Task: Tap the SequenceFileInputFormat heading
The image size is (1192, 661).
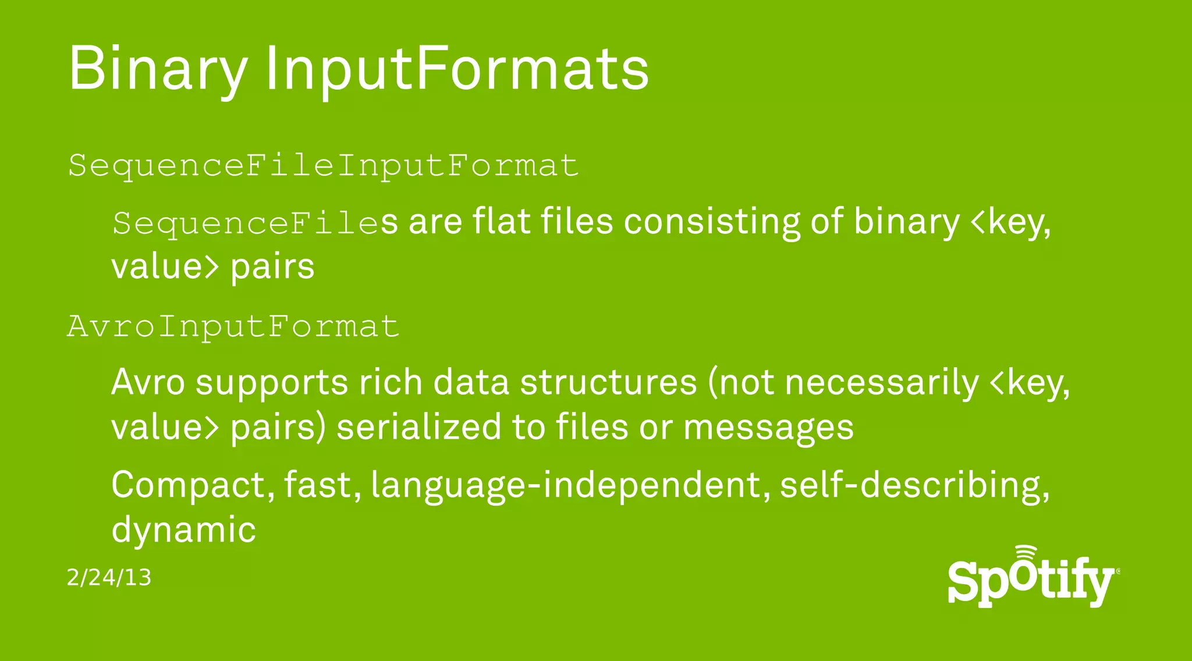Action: click(x=323, y=166)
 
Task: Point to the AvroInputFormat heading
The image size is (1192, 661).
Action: click(x=233, y=326)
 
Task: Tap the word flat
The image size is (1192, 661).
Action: click(x=501, y=222)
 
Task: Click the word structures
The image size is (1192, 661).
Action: click(x=608, y=383)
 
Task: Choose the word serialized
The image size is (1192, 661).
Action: click(x=418, y=427)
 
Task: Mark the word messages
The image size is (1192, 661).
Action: click(x=768, y=428)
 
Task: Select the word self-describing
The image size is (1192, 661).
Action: click(x=914, y=485)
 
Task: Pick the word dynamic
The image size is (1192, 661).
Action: click(x=183, y=529)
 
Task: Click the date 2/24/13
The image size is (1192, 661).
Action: click(x=109, y=578)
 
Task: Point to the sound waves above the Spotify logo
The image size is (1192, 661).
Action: click(x=1026, y=553)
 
